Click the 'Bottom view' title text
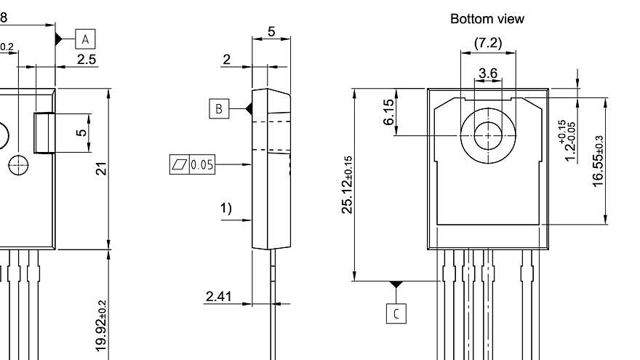[x=487, y=19]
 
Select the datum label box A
[x=85, y=38]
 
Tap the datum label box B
[x=218, y=109]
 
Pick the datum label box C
[x=396, y=313]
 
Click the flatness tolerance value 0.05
[x=202, y=165]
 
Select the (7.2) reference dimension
[x=488, y=44]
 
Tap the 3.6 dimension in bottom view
[x=488, y=73]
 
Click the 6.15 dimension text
[x=389, y=112]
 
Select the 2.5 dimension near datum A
[x=87, y=60]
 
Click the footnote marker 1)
[x=226, y=209]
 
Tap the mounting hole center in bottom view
[x=488, y=135]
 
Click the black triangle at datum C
[x=396, y=284]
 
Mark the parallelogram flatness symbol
[x=178, y=165]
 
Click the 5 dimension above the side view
[x=271, y=32]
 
